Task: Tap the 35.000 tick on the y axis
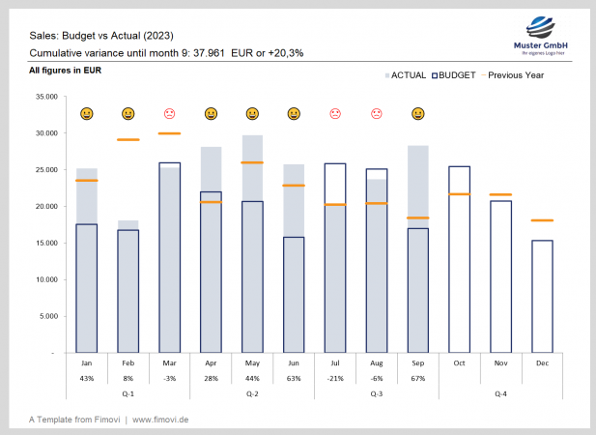coord(44,97)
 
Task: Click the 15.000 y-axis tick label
coord(44,243)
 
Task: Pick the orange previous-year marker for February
coord(128,140)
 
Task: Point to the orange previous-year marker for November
coord(500,195)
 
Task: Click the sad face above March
coord(169,114)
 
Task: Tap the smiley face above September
coord(417,114)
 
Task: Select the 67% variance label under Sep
coord(417,377)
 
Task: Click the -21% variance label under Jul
coord(335,377)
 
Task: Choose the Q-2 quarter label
coord(252,394)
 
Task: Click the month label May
coord(252,362)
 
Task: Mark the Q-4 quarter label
coord(500,394)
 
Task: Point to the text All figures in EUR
coord(66,71)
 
